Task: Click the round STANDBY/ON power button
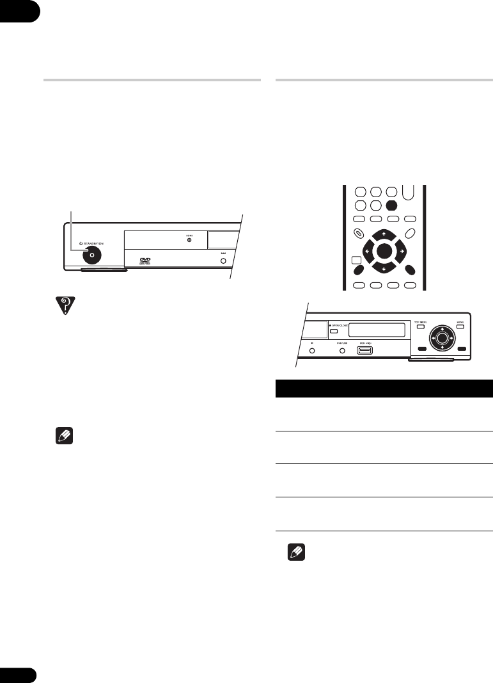(92, 254)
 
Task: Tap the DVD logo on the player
(145, 259)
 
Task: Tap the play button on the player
(312, 350)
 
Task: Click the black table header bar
(384, 389)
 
